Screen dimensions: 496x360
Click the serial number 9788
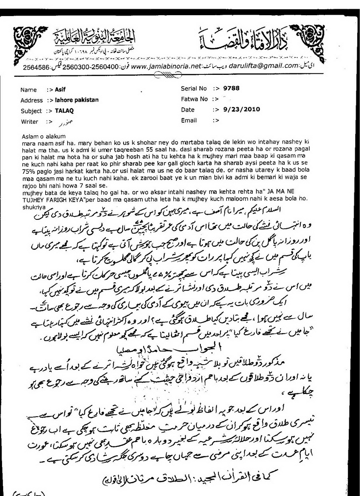tap(232, 88)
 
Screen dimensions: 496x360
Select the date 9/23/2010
tap(242, 109)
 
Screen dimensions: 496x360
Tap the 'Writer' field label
tap(29, 122)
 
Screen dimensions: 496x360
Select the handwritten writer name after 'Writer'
tap(61, 121)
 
